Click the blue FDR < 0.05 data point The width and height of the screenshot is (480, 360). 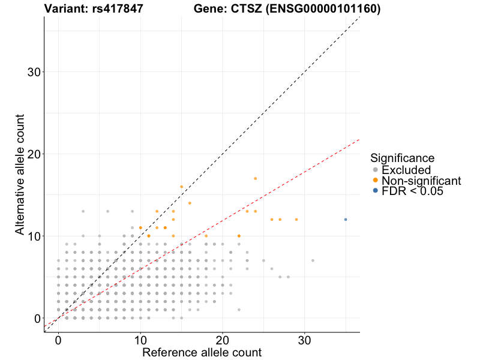click(346, 220)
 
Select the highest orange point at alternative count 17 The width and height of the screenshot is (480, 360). click(255, 178)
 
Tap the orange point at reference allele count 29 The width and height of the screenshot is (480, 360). click(296, 220)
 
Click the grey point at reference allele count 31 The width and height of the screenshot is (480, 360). click(313, 260)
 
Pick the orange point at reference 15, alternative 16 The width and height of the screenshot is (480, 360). click(181, 187)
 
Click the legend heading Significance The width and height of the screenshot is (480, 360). click(403, 158)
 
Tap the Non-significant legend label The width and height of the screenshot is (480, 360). click(421, 181)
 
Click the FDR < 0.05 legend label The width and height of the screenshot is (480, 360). click(415, 191)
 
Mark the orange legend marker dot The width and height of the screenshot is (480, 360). click(375, 181)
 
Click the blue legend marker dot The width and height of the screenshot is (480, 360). click(375, 191)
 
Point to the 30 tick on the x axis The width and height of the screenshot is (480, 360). click(305, 339)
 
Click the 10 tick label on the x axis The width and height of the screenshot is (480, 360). click(140, 339)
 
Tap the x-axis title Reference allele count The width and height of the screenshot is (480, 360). click(202, 353)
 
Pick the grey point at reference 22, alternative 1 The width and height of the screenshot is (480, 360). click(239, 310)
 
